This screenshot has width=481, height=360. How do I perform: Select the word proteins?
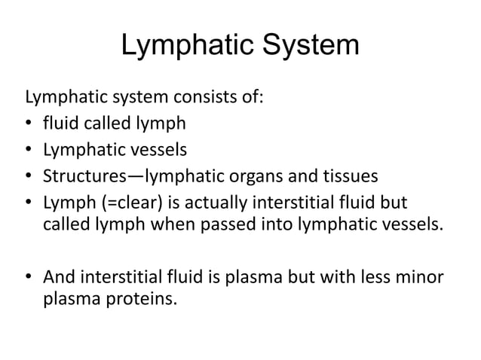[141, 304]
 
